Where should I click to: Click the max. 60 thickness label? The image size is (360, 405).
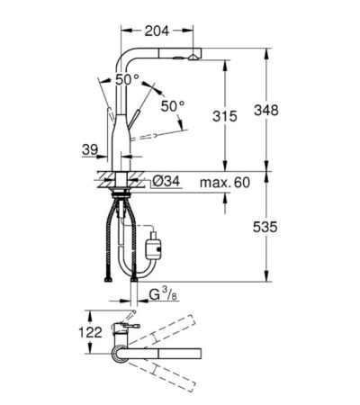pyautogui.click(x=223, y=184)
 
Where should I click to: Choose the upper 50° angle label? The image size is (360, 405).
pyautogui.click(x=130, y=81)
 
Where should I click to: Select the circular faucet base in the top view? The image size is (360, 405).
pyautogui.click(x=120, y=353)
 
